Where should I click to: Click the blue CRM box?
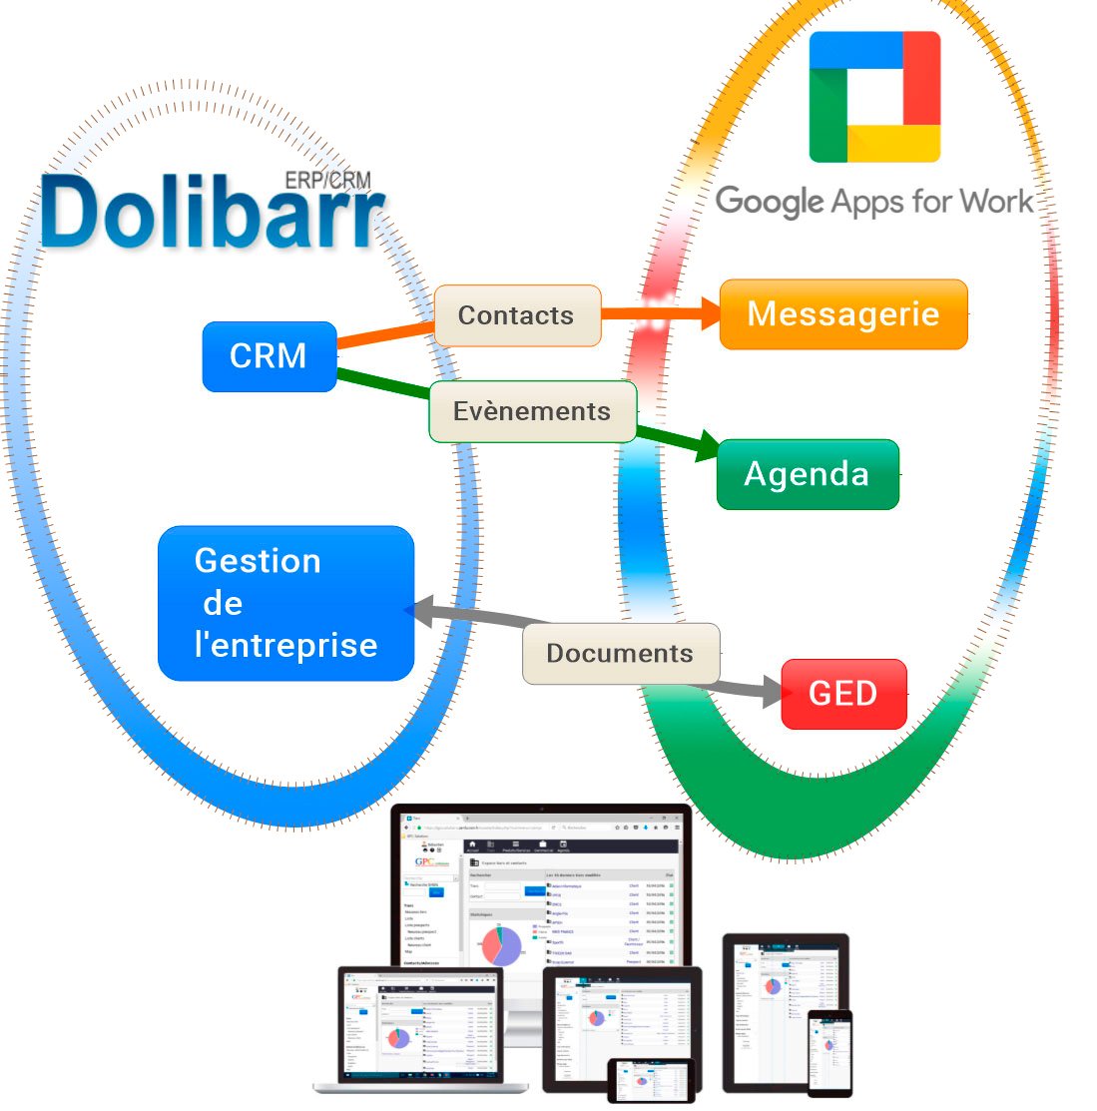270,356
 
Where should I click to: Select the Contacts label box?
517,315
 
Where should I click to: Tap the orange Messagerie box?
843,314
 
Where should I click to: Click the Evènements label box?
532,411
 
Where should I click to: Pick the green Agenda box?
808,474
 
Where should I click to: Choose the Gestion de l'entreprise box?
285,603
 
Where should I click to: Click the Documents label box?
620,654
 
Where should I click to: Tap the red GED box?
843,694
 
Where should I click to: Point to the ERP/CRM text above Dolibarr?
327,181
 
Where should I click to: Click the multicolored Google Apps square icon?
874,97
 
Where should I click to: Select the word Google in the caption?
768,203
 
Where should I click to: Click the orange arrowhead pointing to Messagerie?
709,313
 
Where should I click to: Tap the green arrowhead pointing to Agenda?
707,445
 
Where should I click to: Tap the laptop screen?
420,1023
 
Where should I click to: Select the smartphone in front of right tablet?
829,1053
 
